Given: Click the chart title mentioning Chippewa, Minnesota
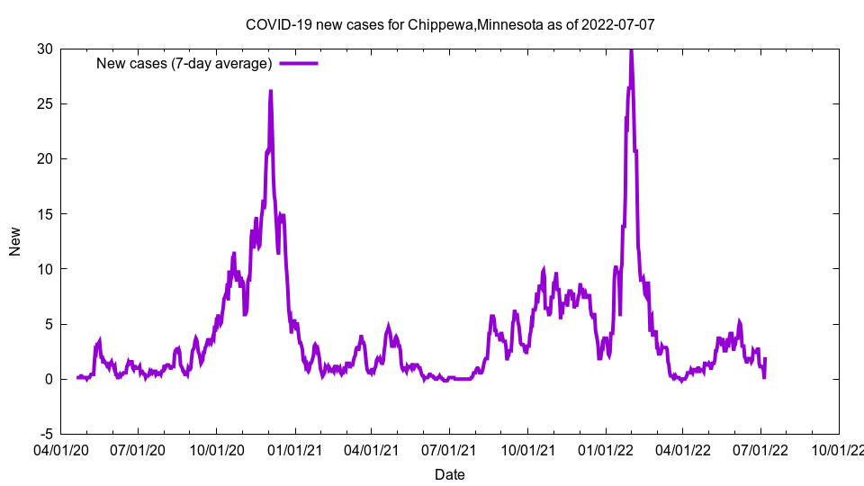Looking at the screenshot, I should (x=450, y=24).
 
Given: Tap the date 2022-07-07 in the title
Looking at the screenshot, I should (x=618, y=24).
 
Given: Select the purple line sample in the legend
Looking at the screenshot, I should (x=299, y=63).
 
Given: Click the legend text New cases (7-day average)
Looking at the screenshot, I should (x=184, y=63).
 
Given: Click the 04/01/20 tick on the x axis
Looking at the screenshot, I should (x=60, y=447).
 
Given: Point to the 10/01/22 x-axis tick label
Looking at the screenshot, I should (x=839, y=447).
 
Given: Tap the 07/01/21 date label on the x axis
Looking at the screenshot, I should (x=449, y=447).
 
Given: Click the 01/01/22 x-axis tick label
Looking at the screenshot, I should (x=605, y=447).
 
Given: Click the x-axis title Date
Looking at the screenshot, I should (x=450, y=474).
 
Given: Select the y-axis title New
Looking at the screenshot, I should (x=15, y=241).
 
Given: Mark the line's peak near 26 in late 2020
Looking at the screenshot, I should (x=270, y=91).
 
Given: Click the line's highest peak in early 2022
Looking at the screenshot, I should (x=631, y=50).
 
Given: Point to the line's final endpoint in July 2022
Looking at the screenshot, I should (x=765, y=359).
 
